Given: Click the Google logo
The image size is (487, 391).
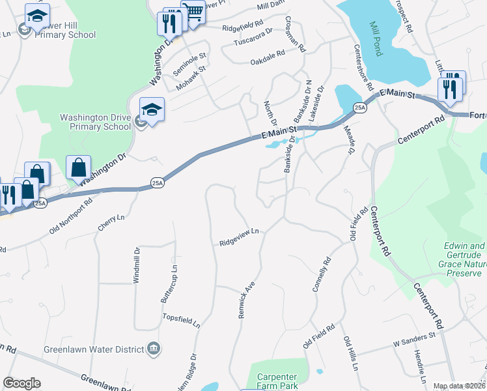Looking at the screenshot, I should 21,383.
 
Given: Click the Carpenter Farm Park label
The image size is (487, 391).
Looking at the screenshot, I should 277,382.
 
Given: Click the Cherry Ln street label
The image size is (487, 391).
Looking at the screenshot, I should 106,224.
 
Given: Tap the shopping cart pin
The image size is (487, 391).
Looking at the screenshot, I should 193,12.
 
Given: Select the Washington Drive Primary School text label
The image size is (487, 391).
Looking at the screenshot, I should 95,123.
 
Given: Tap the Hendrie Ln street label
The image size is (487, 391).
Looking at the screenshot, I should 417,366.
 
